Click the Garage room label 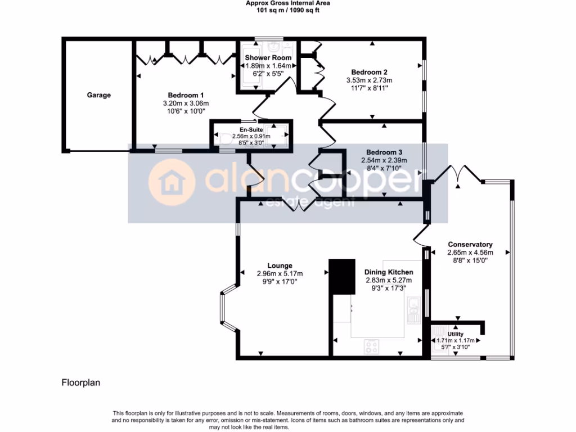[x=98, y=95]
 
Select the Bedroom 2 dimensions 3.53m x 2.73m [x=369, y=80]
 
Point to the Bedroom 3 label [x=384, y=152]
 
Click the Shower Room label [x=268, y=57]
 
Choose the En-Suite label [x=251, y=129]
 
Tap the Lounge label [x=280, y=265]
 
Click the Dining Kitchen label [x=389, y=272]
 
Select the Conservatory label [x=470, y=244]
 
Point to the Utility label [x=456, y=334]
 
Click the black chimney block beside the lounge [x=342, y=276]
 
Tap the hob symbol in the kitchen [x=372, y=346]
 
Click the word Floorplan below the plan [x=80, y=383]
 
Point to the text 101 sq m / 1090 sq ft [x=287, y=10]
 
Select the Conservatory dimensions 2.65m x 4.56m [x=470, y=253]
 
